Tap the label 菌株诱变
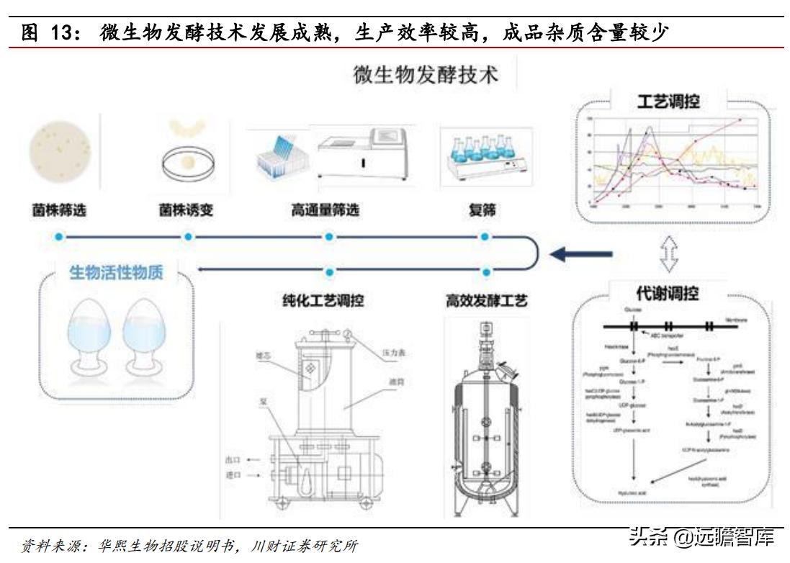pos(187,211)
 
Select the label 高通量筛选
pos(325,211)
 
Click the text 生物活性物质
pos(116,273)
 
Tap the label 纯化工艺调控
pos(323,300)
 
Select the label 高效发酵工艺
pos(486,300)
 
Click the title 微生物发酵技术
pos(426,75)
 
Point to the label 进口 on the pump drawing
pos(232,476)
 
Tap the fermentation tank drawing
pos(486,425)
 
